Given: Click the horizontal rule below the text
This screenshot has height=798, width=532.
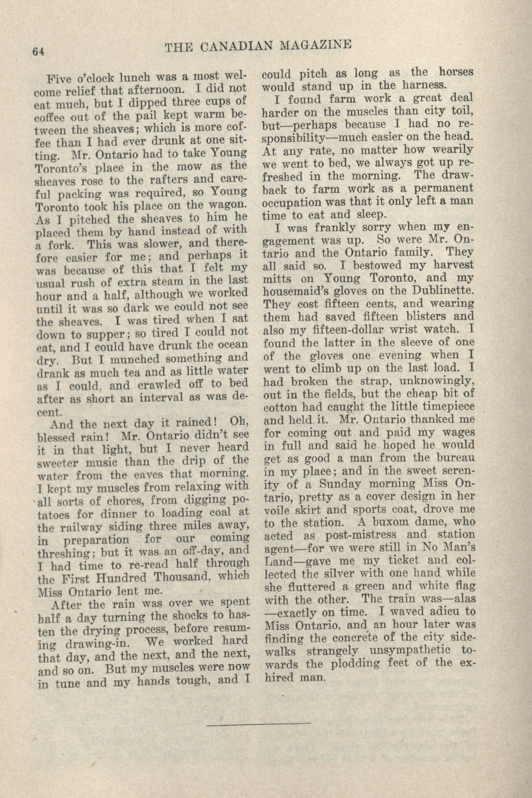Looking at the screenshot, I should (x=258, y=713).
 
